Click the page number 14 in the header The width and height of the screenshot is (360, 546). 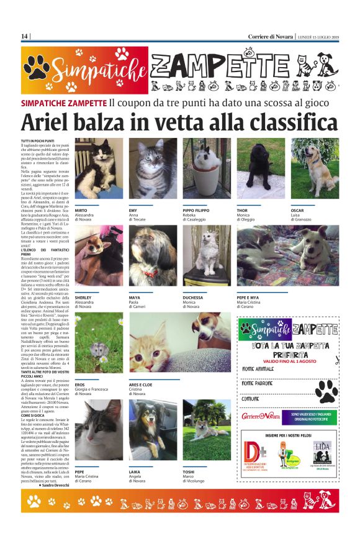tap(25, 36)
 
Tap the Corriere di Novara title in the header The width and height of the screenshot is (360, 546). tap(271, 36)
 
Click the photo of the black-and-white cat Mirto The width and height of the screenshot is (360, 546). tap(99, 168)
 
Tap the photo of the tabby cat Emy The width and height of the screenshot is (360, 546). tap(153, 168)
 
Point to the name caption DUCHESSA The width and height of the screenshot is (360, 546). tap(194, 298)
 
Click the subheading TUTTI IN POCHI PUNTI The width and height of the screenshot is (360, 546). tap(38, 141)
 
